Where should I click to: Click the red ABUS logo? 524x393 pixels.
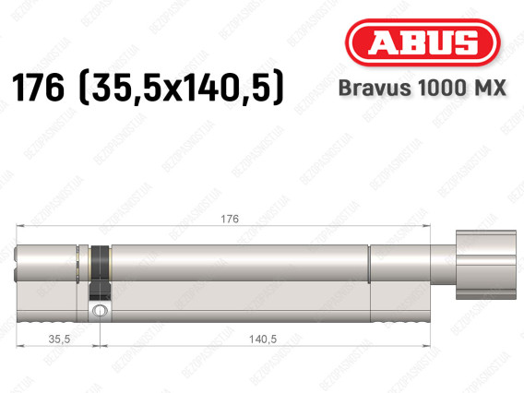click(423, 42)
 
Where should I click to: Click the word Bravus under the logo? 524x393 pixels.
click(375, 89)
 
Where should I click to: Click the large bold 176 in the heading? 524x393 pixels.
click(38, 88)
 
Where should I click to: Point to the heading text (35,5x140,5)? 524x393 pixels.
click(181, 88)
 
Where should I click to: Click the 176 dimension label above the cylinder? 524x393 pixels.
click(230, 220)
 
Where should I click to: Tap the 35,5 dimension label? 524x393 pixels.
click(59, 339)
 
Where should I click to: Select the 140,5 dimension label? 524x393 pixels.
click(263, 339)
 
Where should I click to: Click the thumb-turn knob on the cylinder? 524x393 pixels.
click(486, 265)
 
